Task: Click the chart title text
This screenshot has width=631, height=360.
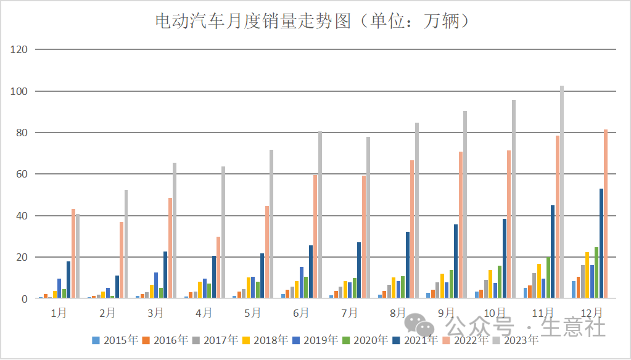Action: click(x=315, y=22)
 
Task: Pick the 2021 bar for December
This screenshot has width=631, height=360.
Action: click(x=601, y=243)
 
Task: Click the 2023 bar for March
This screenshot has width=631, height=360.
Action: click(x=175, y=231)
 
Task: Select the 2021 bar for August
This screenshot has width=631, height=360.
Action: click(x=408, y=265)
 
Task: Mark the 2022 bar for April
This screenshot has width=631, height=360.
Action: click(x=218, y=268)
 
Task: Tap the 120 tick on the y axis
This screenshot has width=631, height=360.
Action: click(x=20, y=49)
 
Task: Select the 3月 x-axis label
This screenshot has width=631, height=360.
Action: click(x=155, y=313)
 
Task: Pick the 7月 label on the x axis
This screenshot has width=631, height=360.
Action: click(x=349, y=313)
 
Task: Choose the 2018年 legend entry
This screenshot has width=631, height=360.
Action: click(x=265, y=340)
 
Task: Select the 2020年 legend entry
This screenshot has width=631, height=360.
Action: click(x=365, y=340)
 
